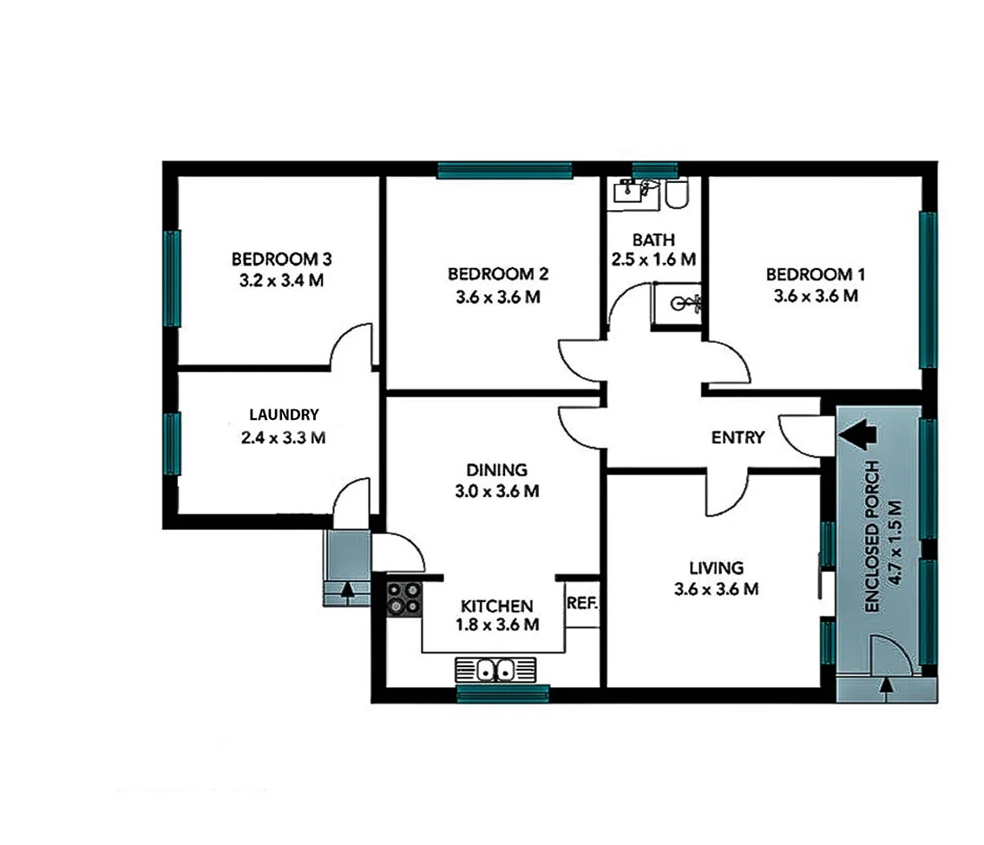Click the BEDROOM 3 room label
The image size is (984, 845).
pyautogui.click(x=282, y=259)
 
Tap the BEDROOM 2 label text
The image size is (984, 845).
pyautogui.click(x=498, y=274)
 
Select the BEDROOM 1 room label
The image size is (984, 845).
pyautogui.click(x=816, y=274)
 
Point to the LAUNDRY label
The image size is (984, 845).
pyautogui.click(x=284, y=415)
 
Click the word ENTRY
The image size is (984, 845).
pyautogui.click(x=738, y=437)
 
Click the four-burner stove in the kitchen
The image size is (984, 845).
pyautogui.click(x=403, y=598)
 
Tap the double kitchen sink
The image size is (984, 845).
pyautogui.click(x=495, y=670)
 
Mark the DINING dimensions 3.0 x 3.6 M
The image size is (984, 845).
pyautogui.click(x=497, y=492)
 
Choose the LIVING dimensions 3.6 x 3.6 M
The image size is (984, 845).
pyautogui.click(x=717, y=590)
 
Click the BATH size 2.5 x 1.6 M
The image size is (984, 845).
pyautogui.click(x=653, y=259)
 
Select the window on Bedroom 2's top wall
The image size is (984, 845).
pyautogui.click(x=504, y=170)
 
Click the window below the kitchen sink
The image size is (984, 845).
pyautogui.click(x=503, y=693)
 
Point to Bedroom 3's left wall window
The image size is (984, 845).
pyautogui.click(x=172, y=278)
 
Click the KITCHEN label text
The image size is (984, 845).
pyautogui.click(x=497, y=606)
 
